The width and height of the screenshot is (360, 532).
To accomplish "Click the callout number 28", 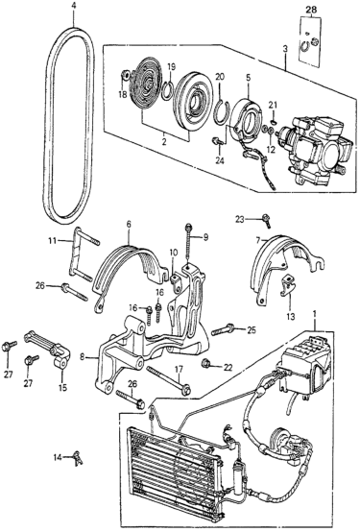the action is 311,11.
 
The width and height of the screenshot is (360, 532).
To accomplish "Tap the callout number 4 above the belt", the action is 74,7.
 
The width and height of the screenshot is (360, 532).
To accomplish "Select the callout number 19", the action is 171,66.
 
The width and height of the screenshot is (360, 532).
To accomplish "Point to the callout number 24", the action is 220,161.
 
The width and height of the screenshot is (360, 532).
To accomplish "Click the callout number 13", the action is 291,317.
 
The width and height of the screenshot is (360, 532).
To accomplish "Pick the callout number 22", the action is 228,367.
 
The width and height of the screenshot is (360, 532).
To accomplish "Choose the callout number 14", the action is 59,458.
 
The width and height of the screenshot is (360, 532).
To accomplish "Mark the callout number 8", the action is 83,356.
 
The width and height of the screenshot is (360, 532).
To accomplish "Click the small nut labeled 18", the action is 125,75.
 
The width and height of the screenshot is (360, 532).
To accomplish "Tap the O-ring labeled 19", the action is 167,89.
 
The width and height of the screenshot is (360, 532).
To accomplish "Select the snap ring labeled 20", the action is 222,111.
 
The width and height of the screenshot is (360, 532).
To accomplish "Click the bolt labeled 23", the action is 267,220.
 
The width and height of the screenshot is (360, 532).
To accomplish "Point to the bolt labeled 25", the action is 223,329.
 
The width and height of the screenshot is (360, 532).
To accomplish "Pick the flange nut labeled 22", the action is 206,364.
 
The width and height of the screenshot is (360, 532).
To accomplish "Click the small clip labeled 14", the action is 78,458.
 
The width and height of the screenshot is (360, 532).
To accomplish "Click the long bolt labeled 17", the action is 168,380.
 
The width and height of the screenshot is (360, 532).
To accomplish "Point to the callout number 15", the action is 62,387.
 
